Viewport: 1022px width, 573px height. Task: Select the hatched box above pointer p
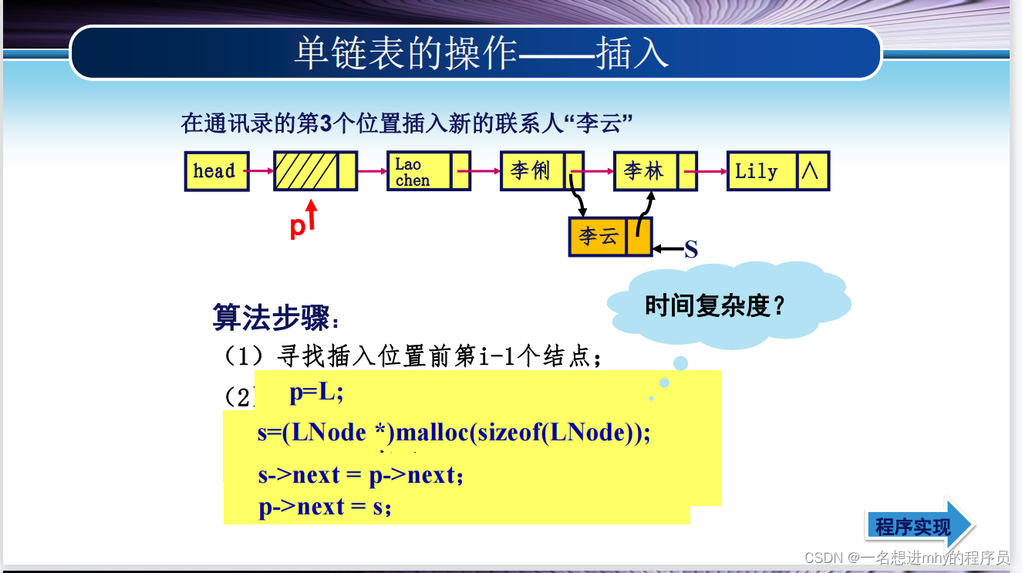tap(306, 171)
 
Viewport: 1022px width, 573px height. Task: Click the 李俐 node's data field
tap(532, 171)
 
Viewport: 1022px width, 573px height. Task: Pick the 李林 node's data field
tap(645, 171)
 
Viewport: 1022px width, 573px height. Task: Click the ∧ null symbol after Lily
tap(811, 171)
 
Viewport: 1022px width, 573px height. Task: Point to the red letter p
tap(297, 227)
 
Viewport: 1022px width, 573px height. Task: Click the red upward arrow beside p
tap(311, 216)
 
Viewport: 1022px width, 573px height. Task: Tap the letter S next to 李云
tap(691, 249)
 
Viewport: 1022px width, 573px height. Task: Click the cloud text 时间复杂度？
tap(715, 306)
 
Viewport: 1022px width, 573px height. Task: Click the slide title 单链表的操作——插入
tap(481, 54)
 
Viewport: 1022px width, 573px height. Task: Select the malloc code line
tap(454, 433)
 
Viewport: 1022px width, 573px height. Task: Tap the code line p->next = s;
tap(325, 507)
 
